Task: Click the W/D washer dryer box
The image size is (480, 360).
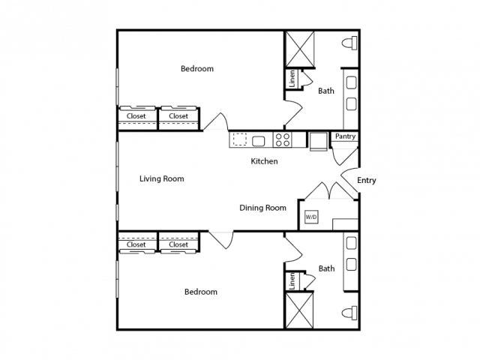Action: [x=311, y=217]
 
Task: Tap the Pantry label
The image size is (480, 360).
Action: [x=345, y=136]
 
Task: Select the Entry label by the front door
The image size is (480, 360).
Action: [x=367, y=180]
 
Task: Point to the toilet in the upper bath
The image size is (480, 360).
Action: [x=349, y=43]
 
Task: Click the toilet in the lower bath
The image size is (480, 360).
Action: [x=349, y=313]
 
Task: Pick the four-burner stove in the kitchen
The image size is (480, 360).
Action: [x=282, y=140]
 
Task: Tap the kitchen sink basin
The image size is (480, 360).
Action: [x=258, y=141]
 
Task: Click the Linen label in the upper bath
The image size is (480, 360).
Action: [x=292, y=78]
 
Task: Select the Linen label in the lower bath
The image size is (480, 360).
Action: [x=292, y=281]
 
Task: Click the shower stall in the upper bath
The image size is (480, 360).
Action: [x=300, y=49]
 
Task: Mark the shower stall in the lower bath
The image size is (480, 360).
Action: [x=299, y=310]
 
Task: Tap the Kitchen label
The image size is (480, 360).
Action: [x=264, y=161]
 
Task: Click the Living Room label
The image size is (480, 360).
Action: [x=162, y=178]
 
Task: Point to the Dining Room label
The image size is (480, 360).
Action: [x=262, y=208]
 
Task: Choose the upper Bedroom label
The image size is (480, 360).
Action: [x=197, y=68]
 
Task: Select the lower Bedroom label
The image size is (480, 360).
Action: [x=201, y=292]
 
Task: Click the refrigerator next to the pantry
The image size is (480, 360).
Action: [x=318, y=142]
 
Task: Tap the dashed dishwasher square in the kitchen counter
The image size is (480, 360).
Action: [x=240, y=139]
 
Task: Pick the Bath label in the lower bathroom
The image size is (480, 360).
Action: [x=327, y=268]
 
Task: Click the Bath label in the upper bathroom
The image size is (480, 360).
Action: [x=326, y=91]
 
